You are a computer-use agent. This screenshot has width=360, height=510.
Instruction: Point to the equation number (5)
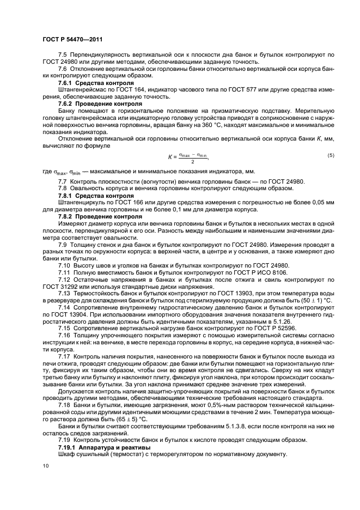click(331, 156)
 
